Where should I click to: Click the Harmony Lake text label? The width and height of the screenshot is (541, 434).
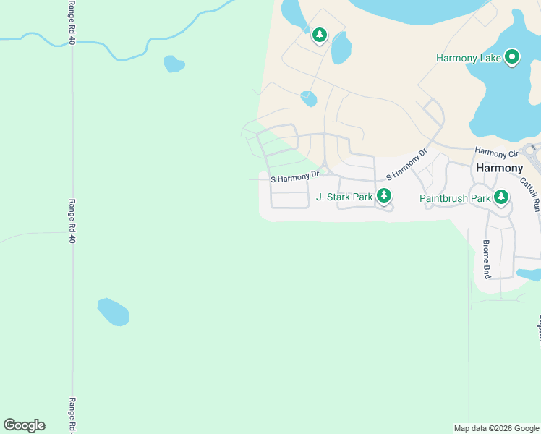pos(470,58)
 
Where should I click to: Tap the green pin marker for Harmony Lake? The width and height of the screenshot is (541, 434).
pos(513,56)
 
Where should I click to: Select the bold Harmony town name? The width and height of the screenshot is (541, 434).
pos(500,168)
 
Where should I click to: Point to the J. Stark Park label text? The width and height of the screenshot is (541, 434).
pos(344,197)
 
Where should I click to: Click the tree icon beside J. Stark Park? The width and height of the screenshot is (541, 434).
pos(384,195)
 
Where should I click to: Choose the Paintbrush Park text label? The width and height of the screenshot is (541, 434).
pos(455,197)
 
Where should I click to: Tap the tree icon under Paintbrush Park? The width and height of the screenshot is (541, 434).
pos(501,197)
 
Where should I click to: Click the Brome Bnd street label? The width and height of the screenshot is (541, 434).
pos(487,259)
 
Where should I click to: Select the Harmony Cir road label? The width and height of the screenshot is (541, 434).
pos(497,153)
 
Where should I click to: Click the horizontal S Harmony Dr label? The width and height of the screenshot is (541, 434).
pos(295,176)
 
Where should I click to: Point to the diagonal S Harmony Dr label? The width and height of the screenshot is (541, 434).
pos(407,165)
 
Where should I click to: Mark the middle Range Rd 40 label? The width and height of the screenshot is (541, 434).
pos(72,221)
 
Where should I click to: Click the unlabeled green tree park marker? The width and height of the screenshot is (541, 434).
pos(320,35)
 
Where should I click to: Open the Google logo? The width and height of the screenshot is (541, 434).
pos(24,425)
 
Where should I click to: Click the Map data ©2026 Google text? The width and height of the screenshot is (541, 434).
pos(495,428)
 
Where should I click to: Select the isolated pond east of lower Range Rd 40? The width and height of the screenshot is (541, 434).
pos(114,312)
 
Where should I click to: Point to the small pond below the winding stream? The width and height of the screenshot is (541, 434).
pos(174,64)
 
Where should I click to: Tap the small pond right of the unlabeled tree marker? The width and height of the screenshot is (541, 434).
pos(341,48)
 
